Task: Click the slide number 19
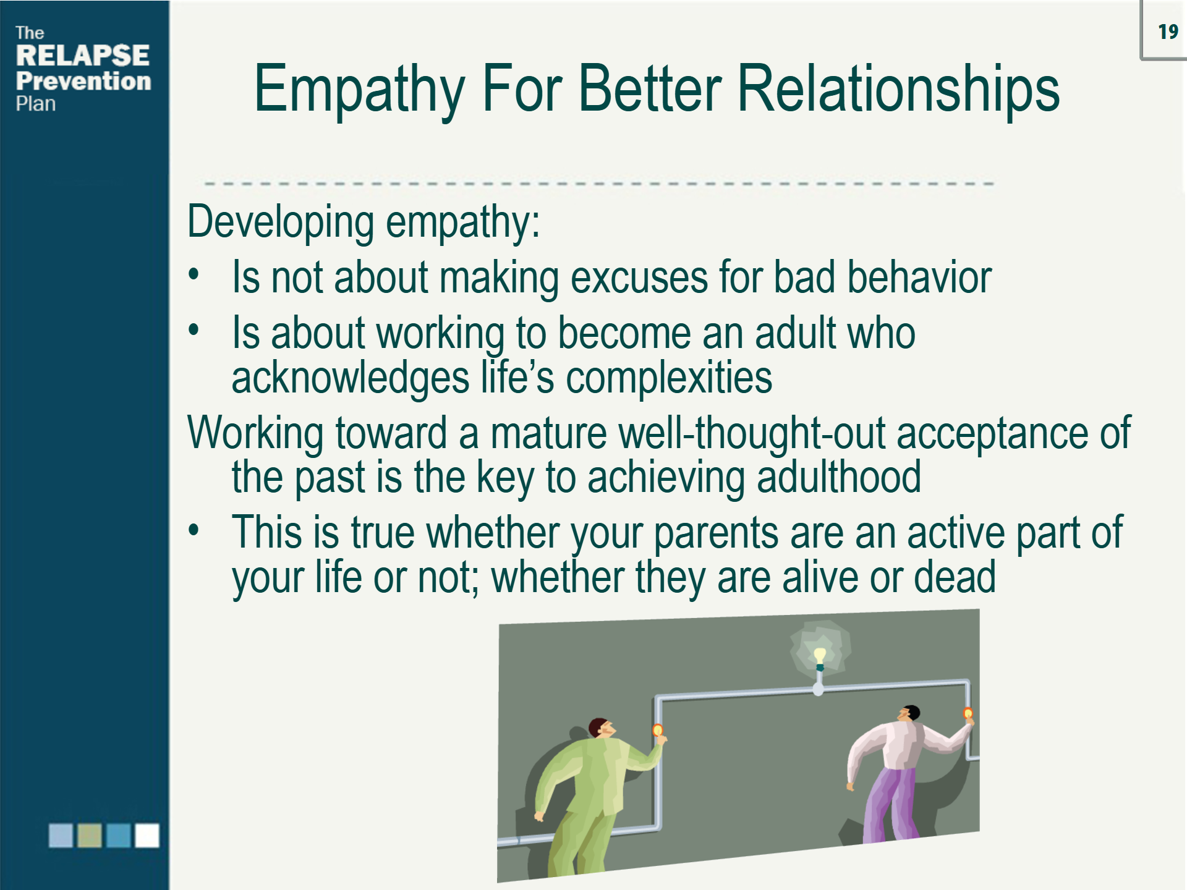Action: pyautogui.click(x=1168, y=32)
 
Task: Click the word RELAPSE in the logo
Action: pyautogui.click(x=82, y=56)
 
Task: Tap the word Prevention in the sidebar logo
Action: pyautogui.click(x=83, y=81)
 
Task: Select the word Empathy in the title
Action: pyautogui.click(x=359, y=90)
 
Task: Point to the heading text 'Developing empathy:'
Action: pyautogui.click(x=364, y=221)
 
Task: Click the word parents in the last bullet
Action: pyautogui.click(x=716, y=533)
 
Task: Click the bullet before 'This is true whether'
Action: pyautogui.click(x=194, y=530)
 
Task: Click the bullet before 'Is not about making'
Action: pyautogui.click(x=194, y=274)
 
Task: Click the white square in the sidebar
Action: pyautogui.click(x=147, y=836)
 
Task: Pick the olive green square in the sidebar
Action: pyautogui.click(x=89, y=836)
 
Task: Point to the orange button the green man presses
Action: pyautogui.click(x=658, y=731)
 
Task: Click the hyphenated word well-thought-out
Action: pyautogui.click(x=751, y=433)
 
